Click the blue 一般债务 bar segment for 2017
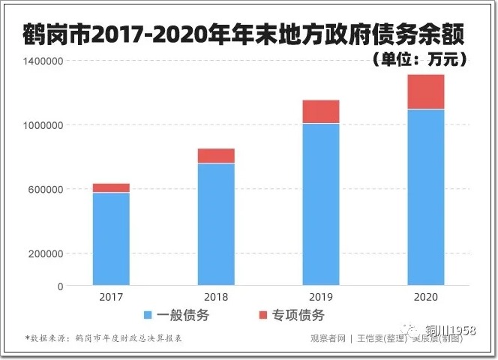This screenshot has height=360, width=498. click(111, 239)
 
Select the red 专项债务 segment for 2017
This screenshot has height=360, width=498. click(111, 187)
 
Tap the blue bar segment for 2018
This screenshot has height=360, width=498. click(216, 224)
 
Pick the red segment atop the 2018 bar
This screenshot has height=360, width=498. click(216, 155)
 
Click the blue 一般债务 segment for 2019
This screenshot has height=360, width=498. click(321, 204)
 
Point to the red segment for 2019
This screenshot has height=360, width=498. click(321, 111)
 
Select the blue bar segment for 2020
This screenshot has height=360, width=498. click(426, 197)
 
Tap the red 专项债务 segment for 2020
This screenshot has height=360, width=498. click(426, 91)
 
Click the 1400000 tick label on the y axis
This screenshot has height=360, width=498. click(43, 61)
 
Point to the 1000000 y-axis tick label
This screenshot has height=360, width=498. click(43, 125)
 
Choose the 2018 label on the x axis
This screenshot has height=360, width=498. click(216, 297)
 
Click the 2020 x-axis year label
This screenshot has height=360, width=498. click(426, 297)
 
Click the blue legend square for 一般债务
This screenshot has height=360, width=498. click(148, 315)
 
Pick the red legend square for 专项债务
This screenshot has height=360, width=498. click(262, 315)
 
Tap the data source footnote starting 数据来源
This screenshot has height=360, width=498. click(105, 338)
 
